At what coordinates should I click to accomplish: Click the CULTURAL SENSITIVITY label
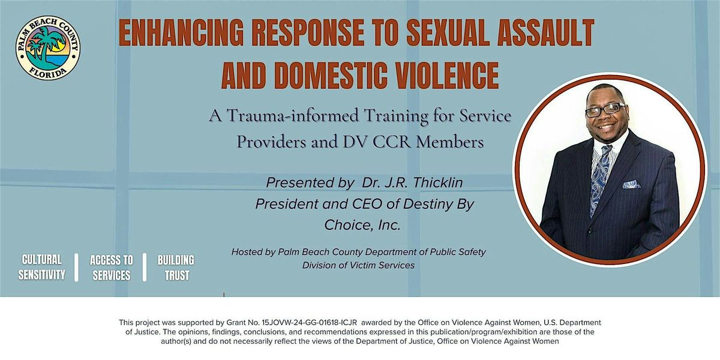[41, 268]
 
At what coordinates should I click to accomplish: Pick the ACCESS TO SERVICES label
[112, 268]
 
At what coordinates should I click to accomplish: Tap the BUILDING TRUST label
[176, 268]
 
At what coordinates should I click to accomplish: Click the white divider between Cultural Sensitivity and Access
[76, 268]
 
